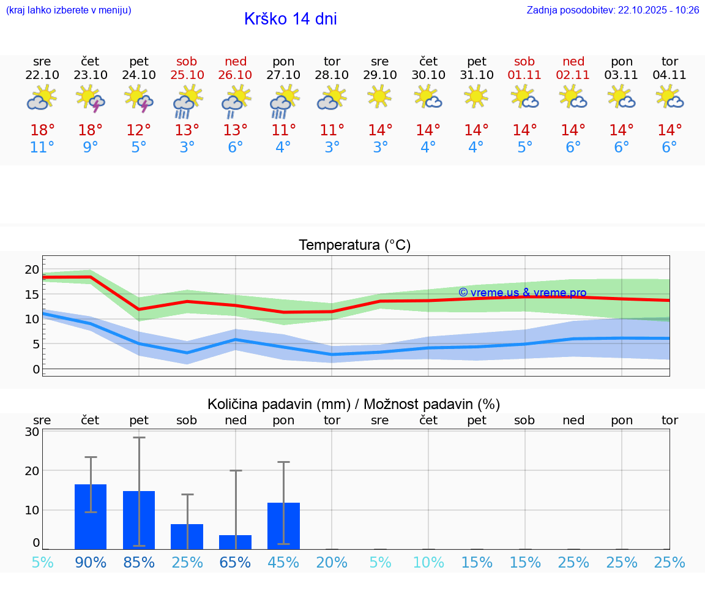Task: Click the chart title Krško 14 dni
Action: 290,19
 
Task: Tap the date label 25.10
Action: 187,75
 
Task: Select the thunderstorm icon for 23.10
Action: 91,99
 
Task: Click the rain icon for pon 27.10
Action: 283,100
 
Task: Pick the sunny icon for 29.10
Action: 379,96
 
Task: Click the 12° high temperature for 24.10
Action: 139,130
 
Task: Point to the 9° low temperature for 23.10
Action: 91,148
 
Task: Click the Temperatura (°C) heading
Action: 354,245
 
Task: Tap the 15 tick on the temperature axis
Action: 32,295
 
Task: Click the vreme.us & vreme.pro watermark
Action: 522,293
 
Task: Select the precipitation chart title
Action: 353,404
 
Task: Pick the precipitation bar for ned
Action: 235,542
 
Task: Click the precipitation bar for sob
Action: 187,536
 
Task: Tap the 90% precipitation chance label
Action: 91,562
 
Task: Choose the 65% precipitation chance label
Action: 235,562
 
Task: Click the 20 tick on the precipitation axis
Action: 32,471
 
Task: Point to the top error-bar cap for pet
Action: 139,437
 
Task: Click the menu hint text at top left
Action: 69,10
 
